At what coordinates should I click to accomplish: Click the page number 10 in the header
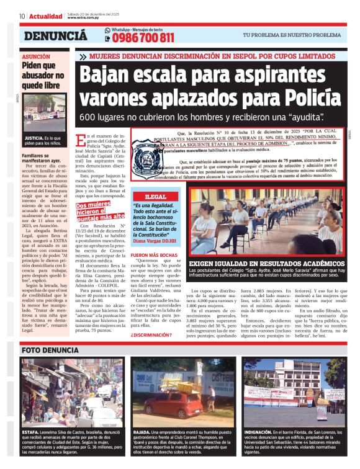[x=22, y=16]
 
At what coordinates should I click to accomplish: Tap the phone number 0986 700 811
[x=143, y=38]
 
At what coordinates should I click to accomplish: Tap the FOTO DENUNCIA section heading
[x=50, y=350]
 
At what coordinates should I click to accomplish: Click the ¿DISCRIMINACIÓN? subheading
[x=151, y=336]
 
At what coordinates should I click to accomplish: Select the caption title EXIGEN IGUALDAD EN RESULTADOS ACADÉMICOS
[x=276, y=264]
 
